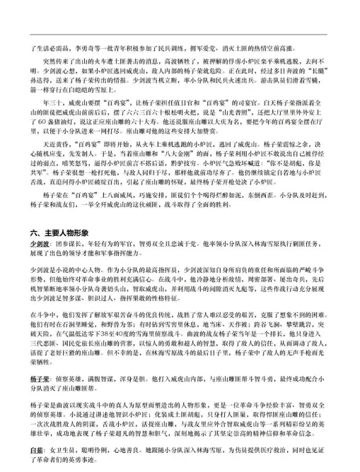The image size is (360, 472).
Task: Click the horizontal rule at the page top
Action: pyautogui.click(x=180, y=35)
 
